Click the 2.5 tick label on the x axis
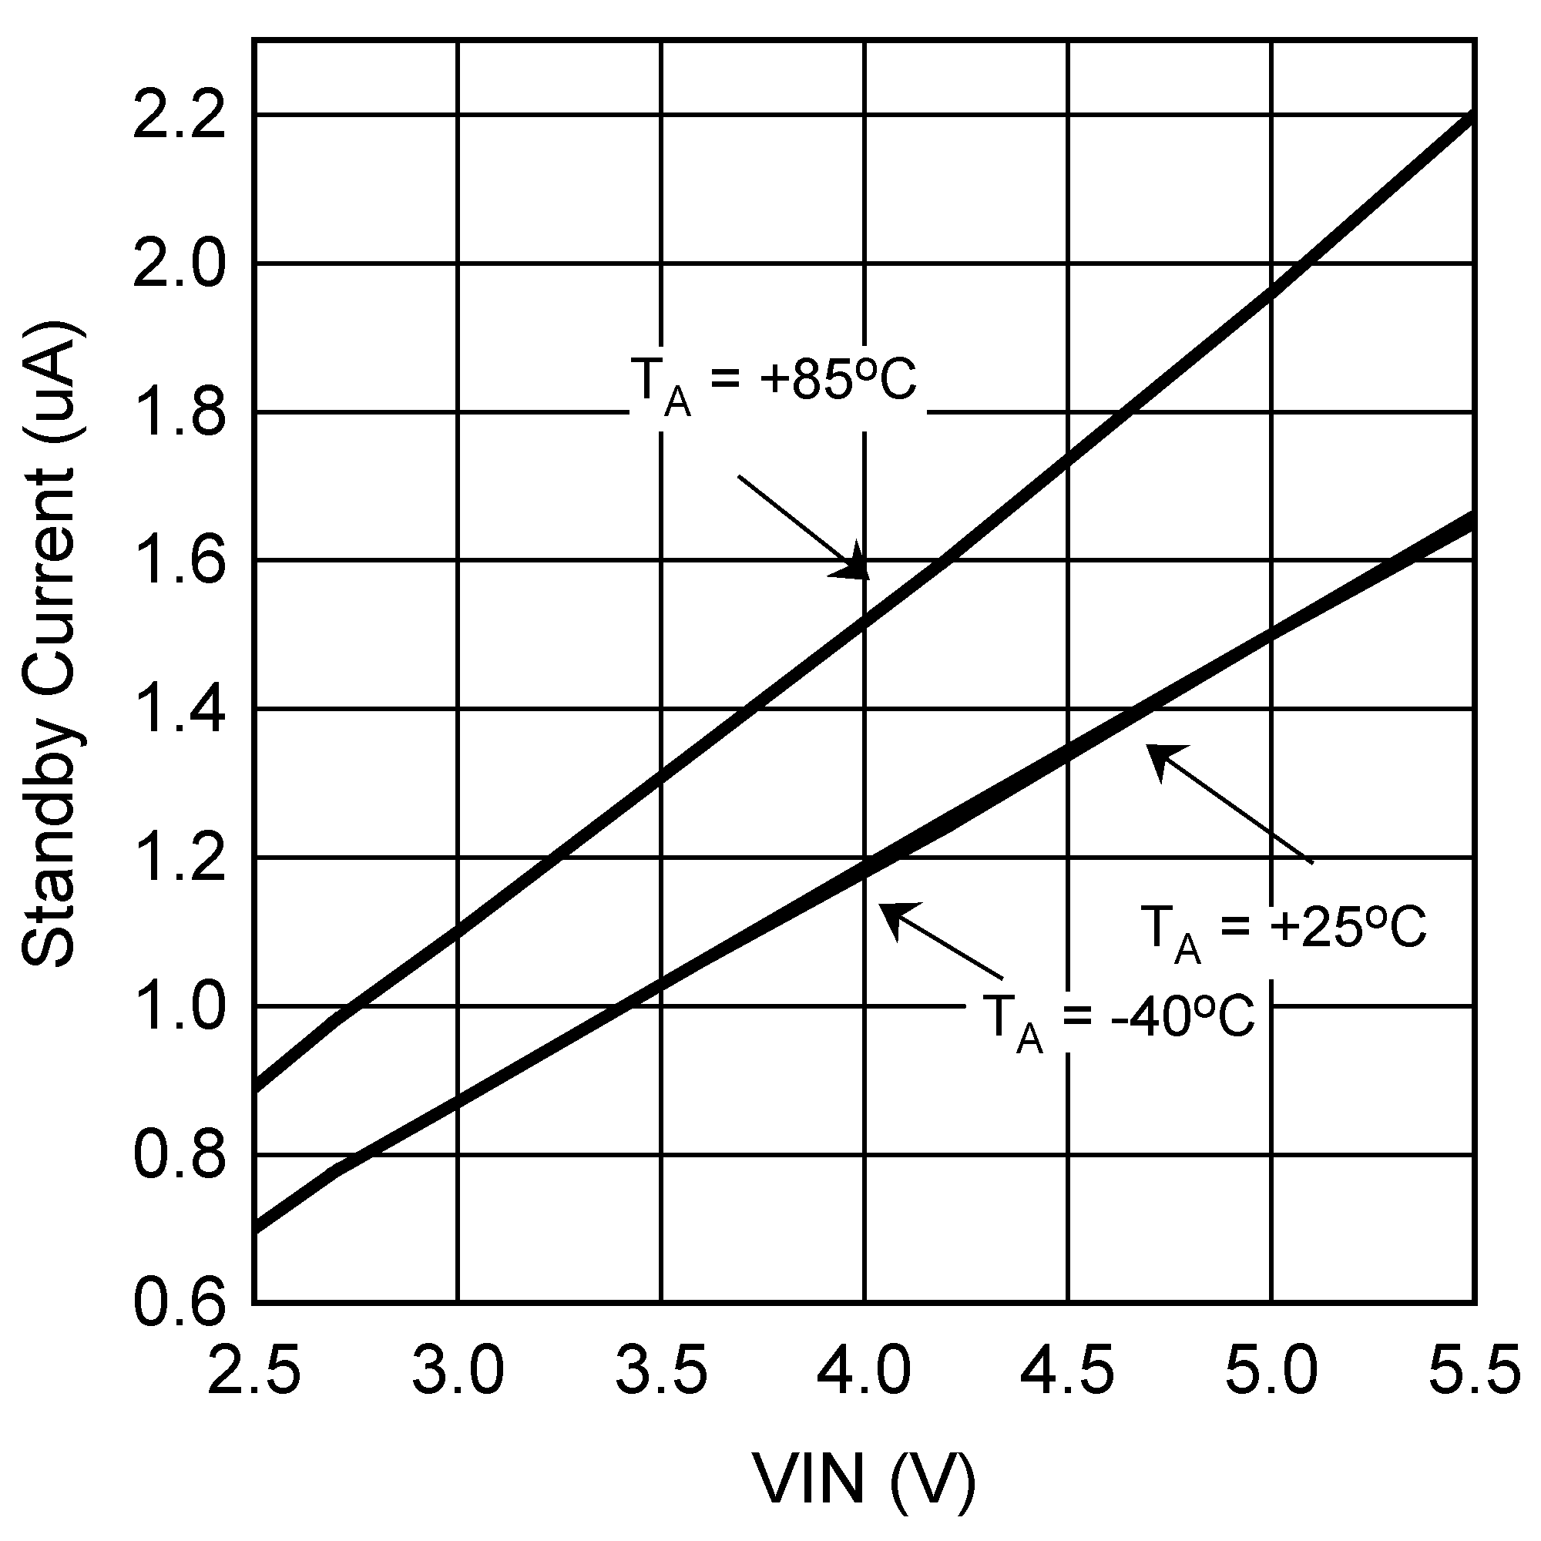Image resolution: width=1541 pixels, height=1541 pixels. [x=253, y=1368]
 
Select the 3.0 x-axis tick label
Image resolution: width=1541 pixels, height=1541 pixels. [x=458, y=1368]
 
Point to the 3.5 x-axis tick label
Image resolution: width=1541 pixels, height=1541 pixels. [x=661, y=1368]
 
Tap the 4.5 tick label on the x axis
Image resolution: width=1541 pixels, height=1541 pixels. [x=1068, y=1368]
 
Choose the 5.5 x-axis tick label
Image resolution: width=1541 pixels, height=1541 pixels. [x=1474, y=1368]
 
